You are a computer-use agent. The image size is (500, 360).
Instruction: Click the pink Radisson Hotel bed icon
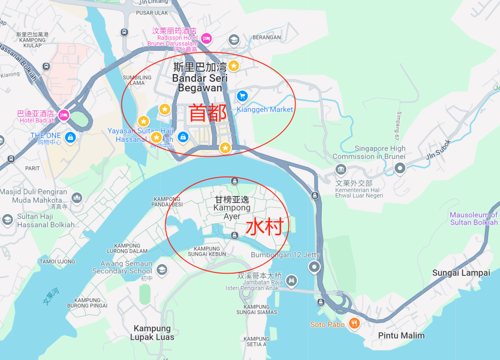click(x=206, y=38)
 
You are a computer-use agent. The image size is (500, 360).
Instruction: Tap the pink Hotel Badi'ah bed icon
click(x=64, y=114)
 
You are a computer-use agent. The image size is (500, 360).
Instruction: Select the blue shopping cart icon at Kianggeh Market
click(x=242, y=96)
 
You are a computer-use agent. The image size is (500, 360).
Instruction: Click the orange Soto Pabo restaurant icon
click(x=354, y=323)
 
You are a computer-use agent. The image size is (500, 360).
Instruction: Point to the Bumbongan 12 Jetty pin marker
click(x=314, y=267)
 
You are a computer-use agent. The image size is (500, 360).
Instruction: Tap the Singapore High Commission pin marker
click(x=400, y=169)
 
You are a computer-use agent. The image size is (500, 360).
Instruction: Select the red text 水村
click(x=264, y=227)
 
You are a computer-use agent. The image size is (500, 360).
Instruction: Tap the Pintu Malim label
click(x=401, y=335)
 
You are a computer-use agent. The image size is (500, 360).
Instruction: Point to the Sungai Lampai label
click(x=461, y=273)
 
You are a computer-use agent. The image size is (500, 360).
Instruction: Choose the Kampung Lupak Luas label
click(x=152, y=333)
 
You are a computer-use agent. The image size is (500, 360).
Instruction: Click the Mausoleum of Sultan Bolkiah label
click(x=474, y=219)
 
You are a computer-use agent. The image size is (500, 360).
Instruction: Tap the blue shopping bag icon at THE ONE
click(x=70, y=138)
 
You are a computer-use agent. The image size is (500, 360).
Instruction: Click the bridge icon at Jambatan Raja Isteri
click(x=291, y=280)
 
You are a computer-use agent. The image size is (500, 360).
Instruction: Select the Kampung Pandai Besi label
click(x=167, y=202)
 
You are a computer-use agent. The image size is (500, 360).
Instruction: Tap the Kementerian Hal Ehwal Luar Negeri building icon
click(x=341, y=170)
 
